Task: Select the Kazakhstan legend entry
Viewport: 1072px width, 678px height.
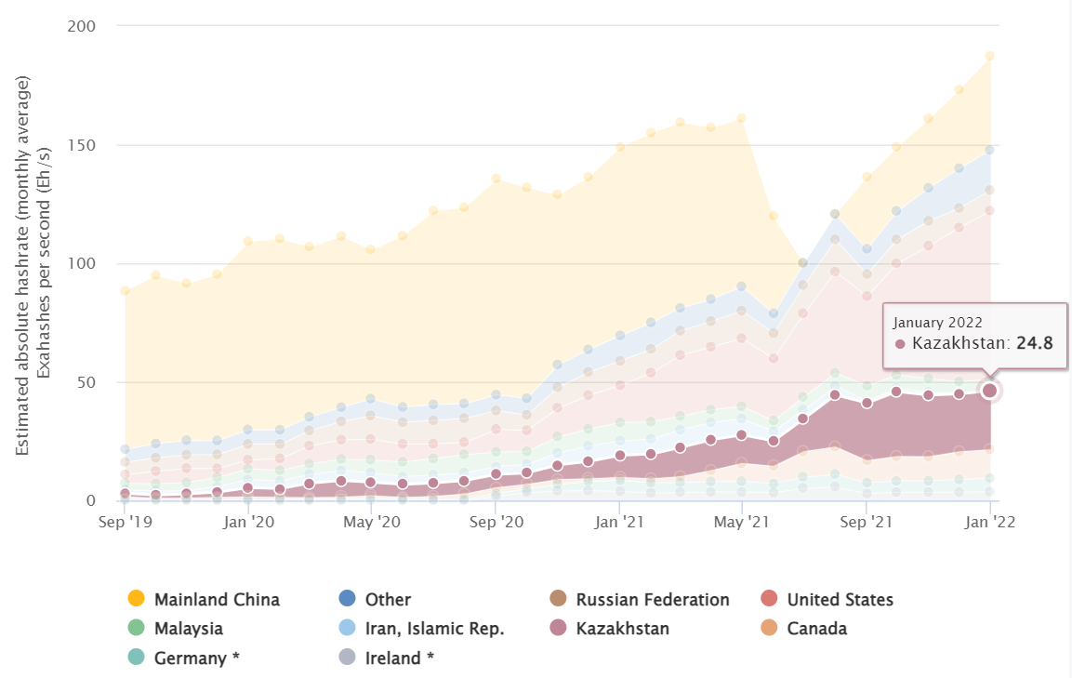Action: tap(622, 629)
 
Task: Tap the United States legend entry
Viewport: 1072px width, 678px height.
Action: tap(840, 600)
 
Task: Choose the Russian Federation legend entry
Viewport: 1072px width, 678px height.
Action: tap(652, 600)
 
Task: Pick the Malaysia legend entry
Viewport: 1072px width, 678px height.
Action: tap(188, 629)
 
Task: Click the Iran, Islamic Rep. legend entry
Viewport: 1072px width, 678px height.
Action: tap(434, 629)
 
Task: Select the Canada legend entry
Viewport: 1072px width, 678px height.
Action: tap(816, 629)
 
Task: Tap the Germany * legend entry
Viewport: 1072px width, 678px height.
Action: tap(196, 658)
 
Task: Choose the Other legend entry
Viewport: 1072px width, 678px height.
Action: tap(387, 600)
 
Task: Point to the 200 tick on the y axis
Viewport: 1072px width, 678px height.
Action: tap(82, 26)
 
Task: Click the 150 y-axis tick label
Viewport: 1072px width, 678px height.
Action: tap(82, 145)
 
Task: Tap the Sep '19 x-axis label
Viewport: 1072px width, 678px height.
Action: tap(125, 522)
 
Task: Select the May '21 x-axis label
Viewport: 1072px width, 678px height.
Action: tap(741, 522)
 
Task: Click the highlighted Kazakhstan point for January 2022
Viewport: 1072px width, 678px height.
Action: tap(989, 391)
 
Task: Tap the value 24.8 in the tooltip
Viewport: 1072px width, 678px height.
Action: tap(1035, 343)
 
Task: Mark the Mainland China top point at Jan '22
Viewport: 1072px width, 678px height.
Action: tap(989, 56)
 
